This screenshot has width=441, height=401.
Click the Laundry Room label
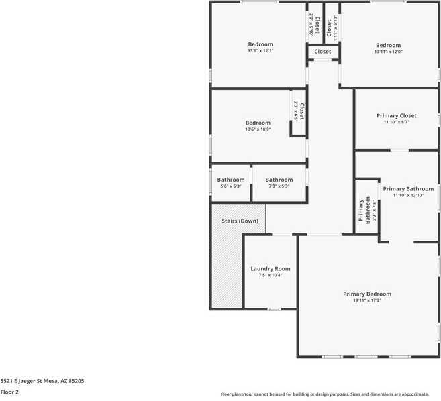271,269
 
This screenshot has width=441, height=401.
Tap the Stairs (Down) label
240,221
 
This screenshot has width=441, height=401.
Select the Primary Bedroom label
366,294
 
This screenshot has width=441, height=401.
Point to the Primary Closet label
396,116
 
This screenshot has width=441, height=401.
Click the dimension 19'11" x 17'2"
366,301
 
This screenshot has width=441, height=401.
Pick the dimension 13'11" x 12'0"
388,52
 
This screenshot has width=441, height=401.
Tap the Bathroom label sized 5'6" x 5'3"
230,180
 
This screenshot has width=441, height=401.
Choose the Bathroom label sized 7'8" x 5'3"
279,180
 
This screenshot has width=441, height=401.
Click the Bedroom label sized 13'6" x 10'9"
258,123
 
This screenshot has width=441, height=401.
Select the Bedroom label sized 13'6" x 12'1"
260,44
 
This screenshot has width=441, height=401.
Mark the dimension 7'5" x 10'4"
271,276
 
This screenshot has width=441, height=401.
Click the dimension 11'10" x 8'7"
396,123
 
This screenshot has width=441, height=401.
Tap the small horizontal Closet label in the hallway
323,52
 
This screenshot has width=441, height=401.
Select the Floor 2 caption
9,392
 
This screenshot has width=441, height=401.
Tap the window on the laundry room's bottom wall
274,309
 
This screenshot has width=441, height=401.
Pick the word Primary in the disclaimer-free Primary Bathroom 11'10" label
394,189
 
